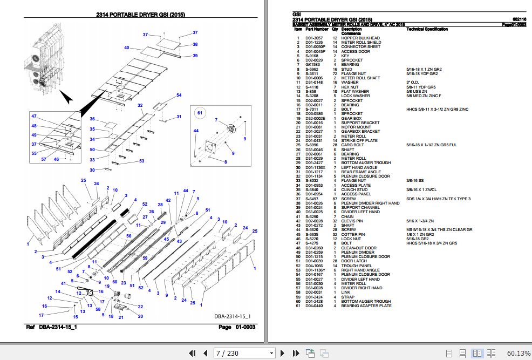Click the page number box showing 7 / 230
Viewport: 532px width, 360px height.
(243, 353)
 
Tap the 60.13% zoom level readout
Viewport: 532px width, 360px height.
(518, 353)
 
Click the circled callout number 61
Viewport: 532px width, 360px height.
(199, 113)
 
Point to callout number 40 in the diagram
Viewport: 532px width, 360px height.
(127, 48)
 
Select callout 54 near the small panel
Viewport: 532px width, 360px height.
(179, 96)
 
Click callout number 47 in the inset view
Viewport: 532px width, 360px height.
(33, 117)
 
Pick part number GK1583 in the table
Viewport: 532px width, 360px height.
(313, 65)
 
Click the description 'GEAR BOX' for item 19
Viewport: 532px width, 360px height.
(351, 118)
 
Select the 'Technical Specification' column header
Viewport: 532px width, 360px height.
(427, 29)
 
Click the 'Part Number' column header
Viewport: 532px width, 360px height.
(317, 29)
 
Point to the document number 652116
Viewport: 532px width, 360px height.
(519, 19)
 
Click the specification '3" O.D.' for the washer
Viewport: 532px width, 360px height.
(413, 83)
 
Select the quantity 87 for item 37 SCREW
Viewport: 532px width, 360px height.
(335, 199)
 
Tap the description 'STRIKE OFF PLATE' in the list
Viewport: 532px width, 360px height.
(359, 140)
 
